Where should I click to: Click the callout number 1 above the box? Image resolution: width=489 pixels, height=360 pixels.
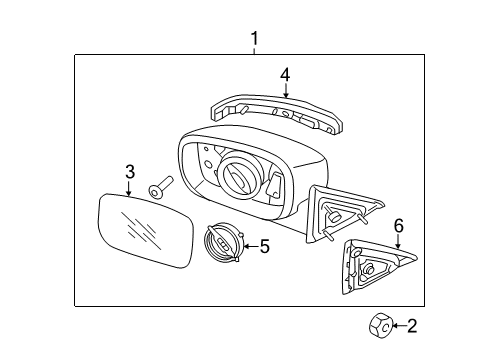254,39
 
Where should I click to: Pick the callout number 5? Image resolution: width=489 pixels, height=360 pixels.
264,245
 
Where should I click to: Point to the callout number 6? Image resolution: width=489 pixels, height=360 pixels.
397,227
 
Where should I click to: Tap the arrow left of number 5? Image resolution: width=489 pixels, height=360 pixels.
249,245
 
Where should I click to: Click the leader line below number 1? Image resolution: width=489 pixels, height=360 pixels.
254,51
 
